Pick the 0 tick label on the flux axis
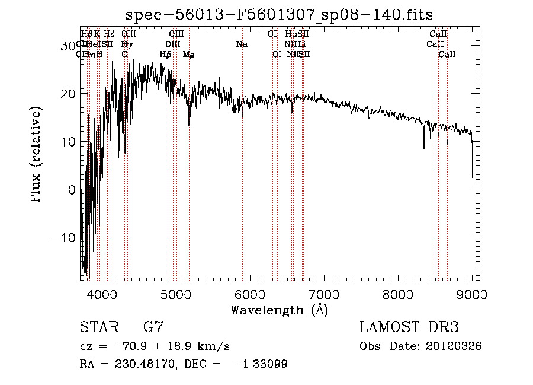tap(72, 190)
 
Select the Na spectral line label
tap(242, 44)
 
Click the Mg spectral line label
tap(189, 55)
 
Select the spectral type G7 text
tap(153, 327)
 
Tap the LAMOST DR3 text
tap(409, 327)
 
